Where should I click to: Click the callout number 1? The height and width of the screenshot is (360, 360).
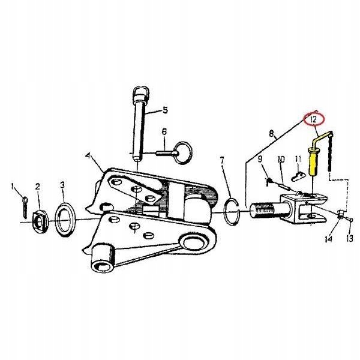[x=13, y=186]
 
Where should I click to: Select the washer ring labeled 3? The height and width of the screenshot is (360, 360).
[x=65, y=219]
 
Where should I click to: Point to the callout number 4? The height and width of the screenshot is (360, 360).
[x=88, y=156]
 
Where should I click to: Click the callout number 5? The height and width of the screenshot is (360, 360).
[x=165, y=110]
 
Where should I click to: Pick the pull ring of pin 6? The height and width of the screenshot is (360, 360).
[x=183, y=152]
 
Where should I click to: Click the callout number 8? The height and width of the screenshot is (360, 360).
[x=272, y=134]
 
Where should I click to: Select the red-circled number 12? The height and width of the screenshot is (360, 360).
[x=313, y=119]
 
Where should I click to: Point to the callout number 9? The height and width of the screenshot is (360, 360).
[x=260, y=159]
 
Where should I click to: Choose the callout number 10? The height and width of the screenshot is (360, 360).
[x=281, y=160]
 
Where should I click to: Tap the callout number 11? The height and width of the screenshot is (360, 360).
[x=298, y=159]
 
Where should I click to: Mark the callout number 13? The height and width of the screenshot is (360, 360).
[x=349, y=239]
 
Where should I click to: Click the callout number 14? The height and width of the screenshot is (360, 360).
[x=329, y=239]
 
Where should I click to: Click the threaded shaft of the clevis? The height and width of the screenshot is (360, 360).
[x=264, y=209]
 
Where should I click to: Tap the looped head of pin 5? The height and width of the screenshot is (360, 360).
[x=140, y=95]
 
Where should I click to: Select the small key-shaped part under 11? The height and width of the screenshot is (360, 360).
[x=298, y=176]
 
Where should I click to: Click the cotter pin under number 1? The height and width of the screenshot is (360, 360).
[x=25, y=207]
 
